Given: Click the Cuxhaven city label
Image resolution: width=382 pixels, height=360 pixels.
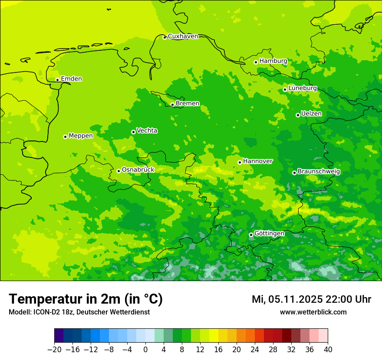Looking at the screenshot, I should tap(183, 36).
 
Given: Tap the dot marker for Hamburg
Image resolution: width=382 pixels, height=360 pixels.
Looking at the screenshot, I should tap(256, 62).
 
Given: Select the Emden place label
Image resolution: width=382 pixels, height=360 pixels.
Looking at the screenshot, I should tap(71, 79).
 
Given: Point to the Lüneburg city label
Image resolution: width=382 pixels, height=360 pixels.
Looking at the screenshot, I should tap(302, 88).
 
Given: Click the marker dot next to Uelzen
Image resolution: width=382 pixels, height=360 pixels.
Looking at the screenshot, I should tap(298, 115).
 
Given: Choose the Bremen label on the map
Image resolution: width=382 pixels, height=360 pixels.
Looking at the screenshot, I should tap(188, 104).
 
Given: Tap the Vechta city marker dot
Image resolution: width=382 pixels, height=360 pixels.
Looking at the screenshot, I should tap(133, 132).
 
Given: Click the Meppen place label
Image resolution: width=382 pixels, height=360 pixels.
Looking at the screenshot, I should tap(81, 136).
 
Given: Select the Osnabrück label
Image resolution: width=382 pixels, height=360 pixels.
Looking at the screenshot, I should tap(138, 170).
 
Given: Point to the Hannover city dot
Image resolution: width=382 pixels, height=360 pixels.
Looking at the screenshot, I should tap(240, 162).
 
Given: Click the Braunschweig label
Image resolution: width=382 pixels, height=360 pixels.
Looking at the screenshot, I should tap(319, 172).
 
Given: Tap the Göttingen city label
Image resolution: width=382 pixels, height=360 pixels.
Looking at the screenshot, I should tap(269, 234).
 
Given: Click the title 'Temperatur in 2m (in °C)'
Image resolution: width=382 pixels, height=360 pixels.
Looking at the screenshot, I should tap(86, 299).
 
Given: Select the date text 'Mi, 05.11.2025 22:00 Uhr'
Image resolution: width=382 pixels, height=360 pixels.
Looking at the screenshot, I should tap(311, 299).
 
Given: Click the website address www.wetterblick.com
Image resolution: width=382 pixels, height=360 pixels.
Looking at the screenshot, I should tap(313, 312).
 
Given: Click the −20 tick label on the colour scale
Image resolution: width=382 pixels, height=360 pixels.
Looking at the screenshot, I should tap(54, 350).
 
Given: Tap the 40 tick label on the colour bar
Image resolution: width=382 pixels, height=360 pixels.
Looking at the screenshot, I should tap(328, 350).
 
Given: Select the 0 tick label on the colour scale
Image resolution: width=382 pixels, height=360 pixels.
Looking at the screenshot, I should tap(145, 350).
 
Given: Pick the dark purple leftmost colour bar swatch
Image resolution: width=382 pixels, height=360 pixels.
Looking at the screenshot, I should tap(59, 336).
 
